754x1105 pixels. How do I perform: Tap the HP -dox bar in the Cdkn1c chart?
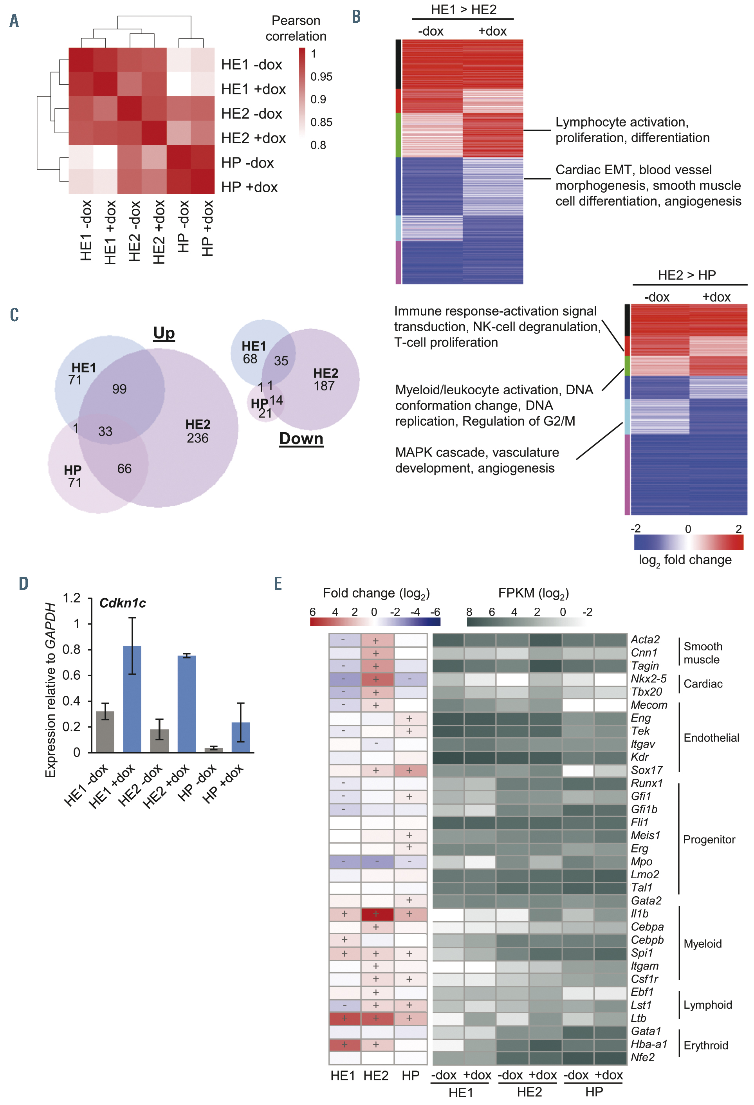(x=213, y=749)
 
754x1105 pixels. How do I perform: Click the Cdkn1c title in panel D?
(x=122, y=603)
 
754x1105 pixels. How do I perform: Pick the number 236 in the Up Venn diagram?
(x=197, y=438)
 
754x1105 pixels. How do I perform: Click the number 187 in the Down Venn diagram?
(x=324, y=386)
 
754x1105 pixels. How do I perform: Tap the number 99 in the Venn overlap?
(x=119, y=389)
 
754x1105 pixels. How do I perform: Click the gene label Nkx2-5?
(x=648, y=679)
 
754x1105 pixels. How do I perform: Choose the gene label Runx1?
(x=647, y=783)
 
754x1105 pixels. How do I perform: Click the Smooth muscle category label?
(x=703, y=653)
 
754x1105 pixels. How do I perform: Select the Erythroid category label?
(x=705, y=1045)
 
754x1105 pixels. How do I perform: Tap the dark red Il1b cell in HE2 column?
(x=377, y=914)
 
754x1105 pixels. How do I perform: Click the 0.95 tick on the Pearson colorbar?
(x=321, y=77)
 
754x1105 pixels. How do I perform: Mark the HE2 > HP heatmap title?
(x=687, y=275)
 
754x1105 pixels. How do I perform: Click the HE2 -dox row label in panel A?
(x=251, y=114)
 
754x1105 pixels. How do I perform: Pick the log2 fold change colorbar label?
(x=685, y=560)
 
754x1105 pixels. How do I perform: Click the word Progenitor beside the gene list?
(x=709, y=839)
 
